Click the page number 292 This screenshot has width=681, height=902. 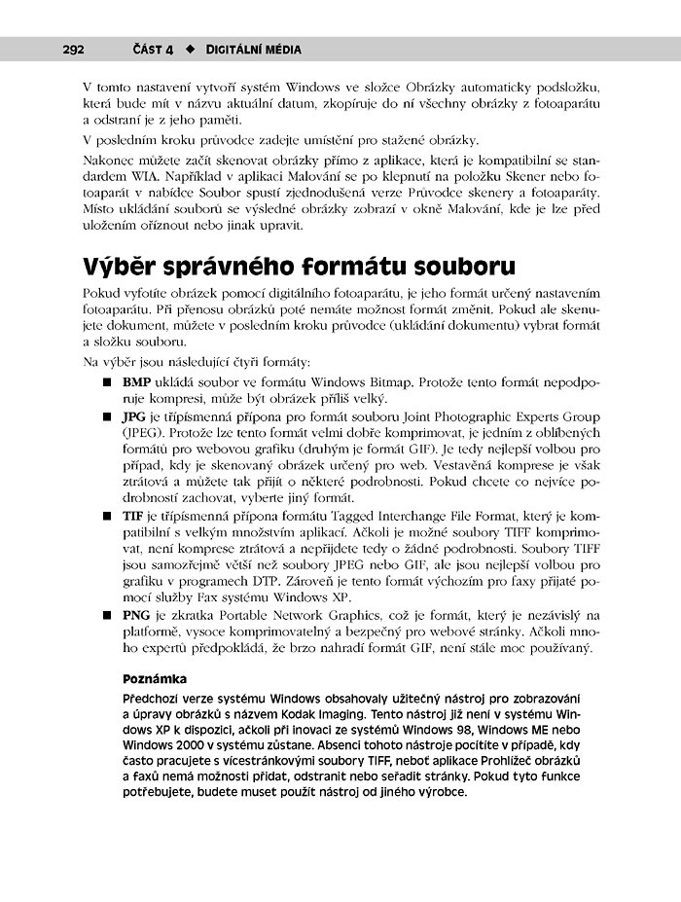[x=74, y=49]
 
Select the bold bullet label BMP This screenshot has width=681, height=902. [x=136, y=381]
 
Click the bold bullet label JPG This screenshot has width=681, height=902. [x=134, y=417]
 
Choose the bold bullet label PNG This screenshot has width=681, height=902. [x=136, y=615]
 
